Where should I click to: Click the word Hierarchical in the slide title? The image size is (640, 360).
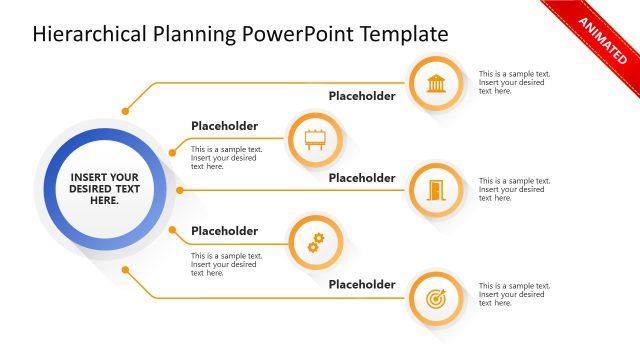click(x=92, y=35)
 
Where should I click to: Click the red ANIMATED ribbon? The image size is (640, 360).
click(x=600, y=41)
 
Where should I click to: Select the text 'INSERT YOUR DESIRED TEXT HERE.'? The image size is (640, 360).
click(x=104, y=189)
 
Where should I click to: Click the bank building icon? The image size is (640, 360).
click(x=436, y=83)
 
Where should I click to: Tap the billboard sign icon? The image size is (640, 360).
click(x=315, y=138)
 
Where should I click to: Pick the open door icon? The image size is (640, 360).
click(x=436, y=189)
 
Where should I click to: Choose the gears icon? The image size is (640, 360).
click(x=315, y=242)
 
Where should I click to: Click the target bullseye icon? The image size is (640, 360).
click(x=436, y=298)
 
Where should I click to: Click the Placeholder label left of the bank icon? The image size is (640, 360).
click(x=362, y=97)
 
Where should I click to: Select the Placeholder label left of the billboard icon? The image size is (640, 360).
click(x=224, y=126)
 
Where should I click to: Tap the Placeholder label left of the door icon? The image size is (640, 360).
click(x=362, y=178)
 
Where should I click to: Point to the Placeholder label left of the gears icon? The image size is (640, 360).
click(x=224, y=231)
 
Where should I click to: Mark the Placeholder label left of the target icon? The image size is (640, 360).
click(x=362, y=285)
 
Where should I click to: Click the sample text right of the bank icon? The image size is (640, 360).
click(x=514, y=82)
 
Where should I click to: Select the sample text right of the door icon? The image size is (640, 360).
click(x=514, y=189)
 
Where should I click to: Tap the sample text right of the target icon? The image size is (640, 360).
click(x=514, y=294)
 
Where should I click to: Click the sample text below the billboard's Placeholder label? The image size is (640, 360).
click(x=226, y=158)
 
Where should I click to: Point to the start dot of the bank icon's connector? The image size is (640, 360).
click(x=125, y=110)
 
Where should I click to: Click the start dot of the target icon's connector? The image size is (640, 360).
click(x=125, y=268)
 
